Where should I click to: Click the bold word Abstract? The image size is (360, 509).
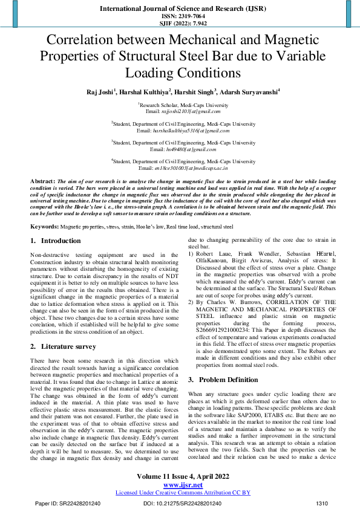point(42,181)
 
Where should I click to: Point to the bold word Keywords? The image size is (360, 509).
point(45,226)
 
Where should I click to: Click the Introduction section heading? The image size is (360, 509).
point(61,241)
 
